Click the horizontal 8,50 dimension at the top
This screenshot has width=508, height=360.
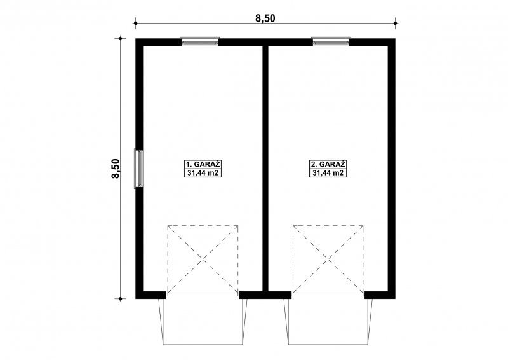(x=265, y=18)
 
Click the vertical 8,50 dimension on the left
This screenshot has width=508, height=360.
(x=116, y=169)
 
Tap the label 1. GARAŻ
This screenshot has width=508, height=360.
(x=203, y=164)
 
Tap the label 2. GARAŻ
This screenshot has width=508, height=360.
(x=328, y=164)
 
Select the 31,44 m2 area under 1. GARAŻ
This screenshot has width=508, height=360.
(x=203, y=173)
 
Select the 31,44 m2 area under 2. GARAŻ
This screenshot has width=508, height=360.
(x=328, y=173)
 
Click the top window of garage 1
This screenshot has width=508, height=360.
(x=199, y=41)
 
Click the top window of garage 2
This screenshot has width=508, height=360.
(x=331, y=41)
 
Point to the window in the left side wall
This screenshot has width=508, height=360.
(x=138, y=168)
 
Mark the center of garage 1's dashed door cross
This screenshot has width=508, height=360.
(x=203, y=260)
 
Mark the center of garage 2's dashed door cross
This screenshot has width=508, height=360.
(x=328, y=260)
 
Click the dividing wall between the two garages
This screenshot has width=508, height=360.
(x=265, y=168)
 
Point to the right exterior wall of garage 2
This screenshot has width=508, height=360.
(x=391, y=168)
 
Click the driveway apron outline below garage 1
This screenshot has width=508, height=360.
(x=203, y=344)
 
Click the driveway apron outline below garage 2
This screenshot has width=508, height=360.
(x=328, y=344)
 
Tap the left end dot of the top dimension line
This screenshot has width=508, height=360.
(x=136, y=23)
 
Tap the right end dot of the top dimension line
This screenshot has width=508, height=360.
(x=395, y=23)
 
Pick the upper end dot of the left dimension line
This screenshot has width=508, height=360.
(x=120, y=39)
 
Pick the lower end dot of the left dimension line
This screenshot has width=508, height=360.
(x=120, y=299)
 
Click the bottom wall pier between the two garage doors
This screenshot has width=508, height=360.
(x=265, y=294)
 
